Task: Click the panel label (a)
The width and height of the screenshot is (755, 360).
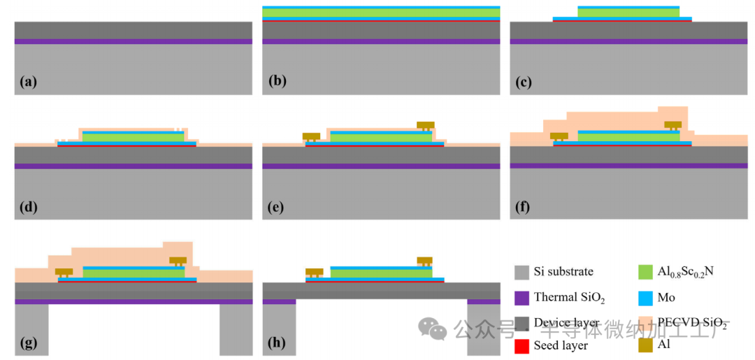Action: [x=28, y=82]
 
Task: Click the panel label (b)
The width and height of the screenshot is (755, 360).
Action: [x=277, y=82]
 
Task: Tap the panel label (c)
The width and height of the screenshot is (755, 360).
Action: [x=524, y=82]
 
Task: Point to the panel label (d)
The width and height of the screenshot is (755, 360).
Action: [x=29, y=207]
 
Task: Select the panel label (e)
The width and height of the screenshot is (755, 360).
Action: [x=277, y=207]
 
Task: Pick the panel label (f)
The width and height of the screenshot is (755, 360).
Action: [x=524, y=207]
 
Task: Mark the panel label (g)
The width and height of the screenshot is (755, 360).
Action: [x=28, y=343]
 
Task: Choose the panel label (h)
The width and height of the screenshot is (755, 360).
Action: [x=277, y=343]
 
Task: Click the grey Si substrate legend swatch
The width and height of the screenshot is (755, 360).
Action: [x=521, y=272]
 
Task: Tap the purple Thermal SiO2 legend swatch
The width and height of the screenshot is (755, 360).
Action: [x=521, y=296]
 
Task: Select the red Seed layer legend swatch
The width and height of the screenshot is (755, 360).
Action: [x=521, y=345]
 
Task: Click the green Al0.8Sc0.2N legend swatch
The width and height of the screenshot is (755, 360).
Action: [x=646, y=272]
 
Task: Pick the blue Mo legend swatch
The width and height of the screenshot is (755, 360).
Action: [x=646, y=296]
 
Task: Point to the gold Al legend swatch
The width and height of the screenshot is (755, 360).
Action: [x=646, y=345]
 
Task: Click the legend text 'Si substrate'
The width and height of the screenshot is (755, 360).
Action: [x=563, y=272]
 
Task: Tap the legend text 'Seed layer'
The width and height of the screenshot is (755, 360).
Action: [x=561, y=345]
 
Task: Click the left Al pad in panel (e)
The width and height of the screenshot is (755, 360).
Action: [x=311, y=136]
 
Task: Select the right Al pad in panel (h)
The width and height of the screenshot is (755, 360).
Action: [x=425, y=261]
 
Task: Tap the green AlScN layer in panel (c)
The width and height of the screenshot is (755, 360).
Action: [x=628, y=13]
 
